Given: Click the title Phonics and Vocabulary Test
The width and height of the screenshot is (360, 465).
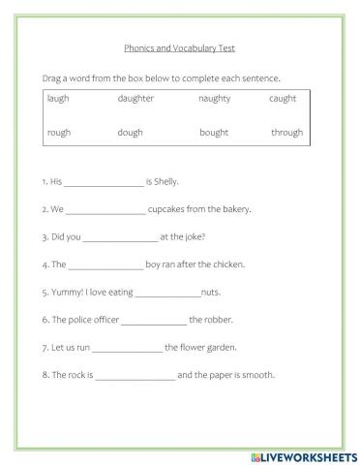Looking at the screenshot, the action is [179, 46].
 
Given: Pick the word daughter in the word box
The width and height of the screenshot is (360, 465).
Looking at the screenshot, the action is [135, 99].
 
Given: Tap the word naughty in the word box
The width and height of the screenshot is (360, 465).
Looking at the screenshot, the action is [215, 99].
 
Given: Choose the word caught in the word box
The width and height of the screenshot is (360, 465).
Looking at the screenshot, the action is [283, 99].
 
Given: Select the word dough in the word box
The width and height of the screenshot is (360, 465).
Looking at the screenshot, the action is [131, 133].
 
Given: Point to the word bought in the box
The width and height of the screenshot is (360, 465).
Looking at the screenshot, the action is [215, 133].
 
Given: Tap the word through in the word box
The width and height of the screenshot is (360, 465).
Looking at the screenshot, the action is [286, 133].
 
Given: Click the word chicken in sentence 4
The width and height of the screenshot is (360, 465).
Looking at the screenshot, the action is [227, 263].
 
